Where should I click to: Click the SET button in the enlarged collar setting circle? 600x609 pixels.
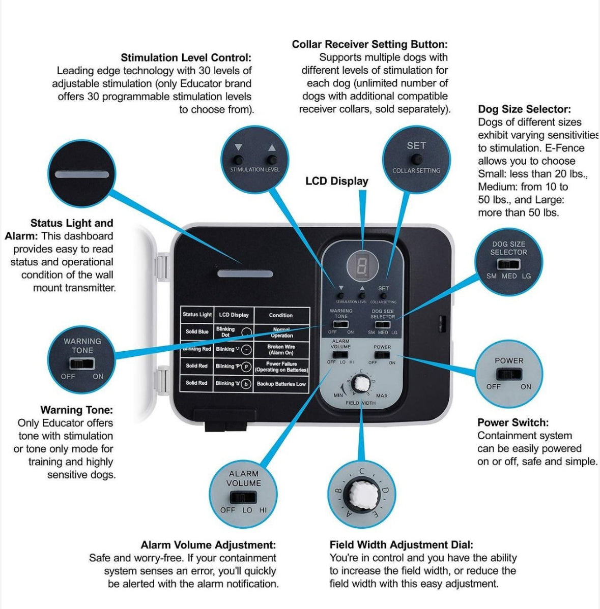pos(416,160)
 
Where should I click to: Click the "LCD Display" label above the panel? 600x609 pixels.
pos(336,181)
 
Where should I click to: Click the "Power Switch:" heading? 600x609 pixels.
pos(512,422)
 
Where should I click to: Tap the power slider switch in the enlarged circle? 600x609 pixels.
pos(508,375)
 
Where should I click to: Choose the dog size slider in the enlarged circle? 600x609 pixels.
pos(508,264)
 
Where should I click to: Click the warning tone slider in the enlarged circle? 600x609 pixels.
pos(82,364)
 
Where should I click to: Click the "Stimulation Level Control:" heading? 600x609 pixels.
pos(186,58)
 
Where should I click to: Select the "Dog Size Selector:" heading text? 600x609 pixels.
pos(524,109)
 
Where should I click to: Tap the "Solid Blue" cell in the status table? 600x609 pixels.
pos(197,331)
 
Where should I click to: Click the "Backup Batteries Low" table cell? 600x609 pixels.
pos(281,384)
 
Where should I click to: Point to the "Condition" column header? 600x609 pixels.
pos(281,315)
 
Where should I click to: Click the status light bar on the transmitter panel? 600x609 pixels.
pos(238,274)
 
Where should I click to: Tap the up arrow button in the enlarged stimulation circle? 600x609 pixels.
pos(271,159)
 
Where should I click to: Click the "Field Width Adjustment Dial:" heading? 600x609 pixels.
pos(401,545)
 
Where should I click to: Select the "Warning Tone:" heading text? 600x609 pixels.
pos(76,410)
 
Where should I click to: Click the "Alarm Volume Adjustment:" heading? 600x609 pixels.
pos(208,545)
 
